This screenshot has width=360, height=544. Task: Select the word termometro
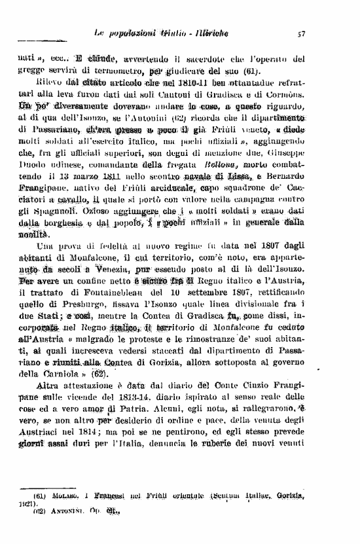(x=115, y=71)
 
